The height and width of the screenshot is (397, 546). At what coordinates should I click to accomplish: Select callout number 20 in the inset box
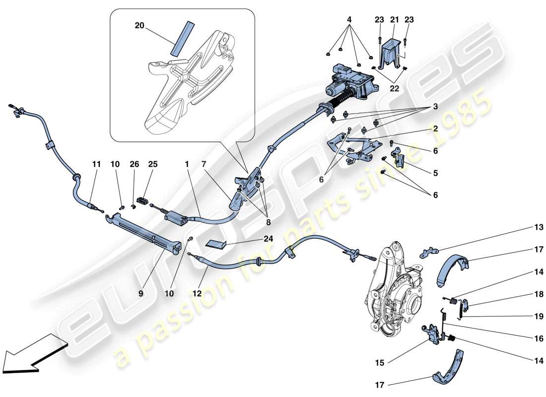[139, 25]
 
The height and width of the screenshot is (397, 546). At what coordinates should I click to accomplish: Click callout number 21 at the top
[394, 20]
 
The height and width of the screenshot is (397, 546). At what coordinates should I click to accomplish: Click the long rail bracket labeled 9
[144, 233]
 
